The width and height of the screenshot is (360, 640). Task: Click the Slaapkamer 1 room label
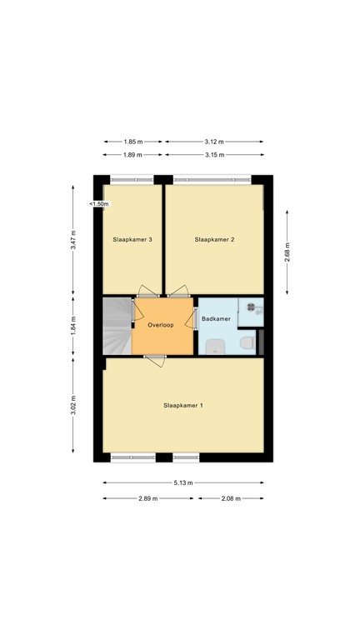182,405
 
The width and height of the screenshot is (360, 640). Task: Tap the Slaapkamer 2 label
214,239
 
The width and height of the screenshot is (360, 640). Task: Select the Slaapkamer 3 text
132,239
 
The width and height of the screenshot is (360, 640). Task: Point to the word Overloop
160,325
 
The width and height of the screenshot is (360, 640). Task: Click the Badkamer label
216,318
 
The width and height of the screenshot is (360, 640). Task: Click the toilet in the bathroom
247,344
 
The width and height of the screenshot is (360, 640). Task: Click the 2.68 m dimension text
287,250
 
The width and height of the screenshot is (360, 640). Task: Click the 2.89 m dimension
150,498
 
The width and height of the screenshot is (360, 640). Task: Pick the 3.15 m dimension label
214,155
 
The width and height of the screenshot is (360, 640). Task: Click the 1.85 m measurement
133,141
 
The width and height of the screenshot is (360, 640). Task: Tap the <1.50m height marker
99,204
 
